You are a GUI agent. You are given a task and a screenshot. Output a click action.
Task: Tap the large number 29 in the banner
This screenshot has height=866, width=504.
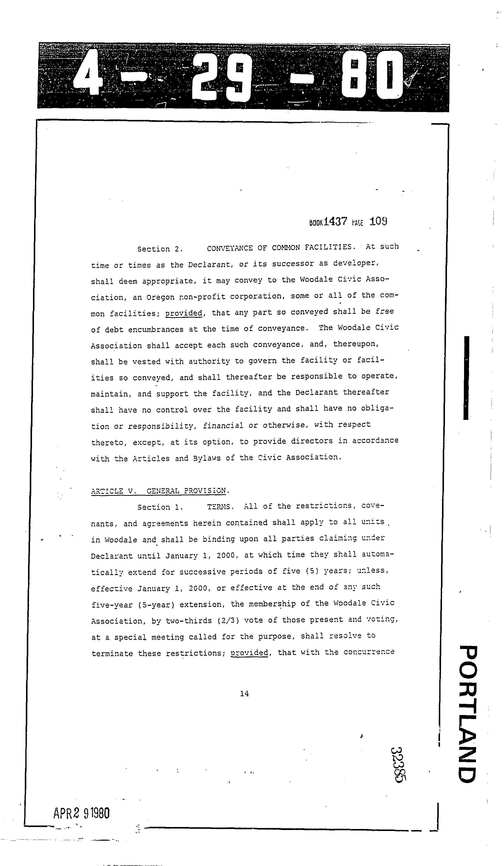tap(221, 77)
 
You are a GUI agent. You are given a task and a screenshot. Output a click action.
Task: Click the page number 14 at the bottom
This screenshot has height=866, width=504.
tap(245, 693)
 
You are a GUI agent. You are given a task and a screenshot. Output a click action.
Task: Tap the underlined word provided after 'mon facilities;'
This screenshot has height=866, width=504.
tap(184, 313)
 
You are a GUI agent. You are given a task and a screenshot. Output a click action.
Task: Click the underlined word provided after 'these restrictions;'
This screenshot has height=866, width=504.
tap(249, 652)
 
